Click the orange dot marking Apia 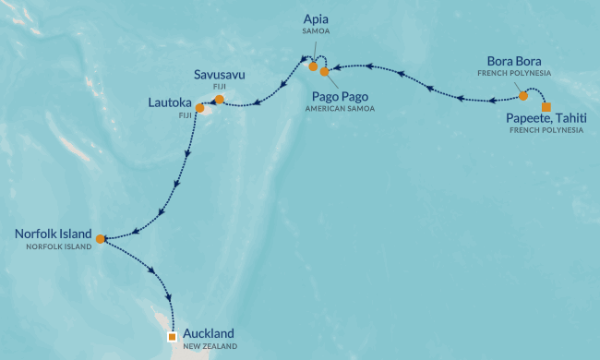pos(313,66)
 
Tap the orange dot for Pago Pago pos(324,72)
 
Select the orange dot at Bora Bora pos(523,95)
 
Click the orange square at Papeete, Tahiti pos(546,107)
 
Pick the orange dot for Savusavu pos(219,99)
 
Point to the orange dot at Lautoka pos(199,108)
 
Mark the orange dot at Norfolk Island pos(100,238)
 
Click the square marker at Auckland pos(172,337)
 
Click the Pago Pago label pos(332,94)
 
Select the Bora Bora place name pos(513,61)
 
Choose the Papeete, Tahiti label pos(546,118)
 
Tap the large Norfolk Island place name pos(53,234)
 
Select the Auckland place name pos(209,332)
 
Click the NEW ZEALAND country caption pos(210,346)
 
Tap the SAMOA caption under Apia pos(317,30)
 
